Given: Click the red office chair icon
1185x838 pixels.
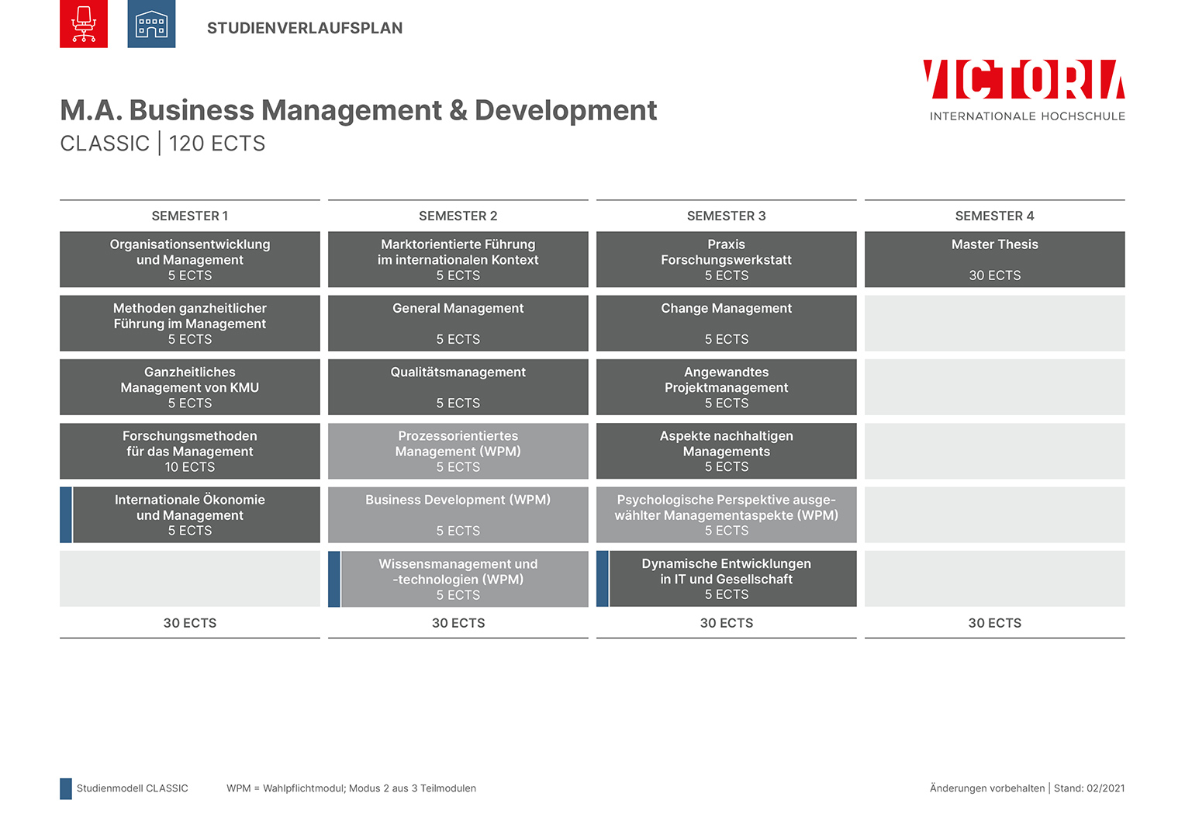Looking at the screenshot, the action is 84,23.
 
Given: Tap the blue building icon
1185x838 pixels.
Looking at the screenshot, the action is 151,23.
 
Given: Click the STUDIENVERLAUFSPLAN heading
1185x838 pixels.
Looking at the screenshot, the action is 305,28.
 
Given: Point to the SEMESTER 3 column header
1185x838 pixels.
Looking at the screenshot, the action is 727,216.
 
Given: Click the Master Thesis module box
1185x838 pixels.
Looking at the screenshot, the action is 994,259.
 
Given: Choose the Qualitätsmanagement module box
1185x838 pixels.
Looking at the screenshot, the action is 458,387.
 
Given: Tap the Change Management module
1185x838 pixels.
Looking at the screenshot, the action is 727,323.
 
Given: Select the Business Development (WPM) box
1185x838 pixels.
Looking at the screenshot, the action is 458,514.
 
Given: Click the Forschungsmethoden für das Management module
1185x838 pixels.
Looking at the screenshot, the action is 190,451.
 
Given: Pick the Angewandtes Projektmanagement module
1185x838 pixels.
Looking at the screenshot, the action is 727,387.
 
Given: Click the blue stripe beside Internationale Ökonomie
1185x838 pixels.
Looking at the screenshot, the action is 66,514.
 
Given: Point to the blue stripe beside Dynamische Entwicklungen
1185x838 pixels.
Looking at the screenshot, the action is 602,579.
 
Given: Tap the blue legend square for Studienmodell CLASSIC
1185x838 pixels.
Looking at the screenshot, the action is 66,789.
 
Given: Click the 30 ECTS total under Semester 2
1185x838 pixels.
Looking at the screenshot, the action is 458,623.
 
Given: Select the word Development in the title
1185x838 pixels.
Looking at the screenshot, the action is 565,110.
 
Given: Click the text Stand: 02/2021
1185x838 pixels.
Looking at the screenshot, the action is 1090,788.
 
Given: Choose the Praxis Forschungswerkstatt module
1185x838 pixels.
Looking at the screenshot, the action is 727,259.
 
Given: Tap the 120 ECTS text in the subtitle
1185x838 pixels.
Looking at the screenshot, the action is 217,144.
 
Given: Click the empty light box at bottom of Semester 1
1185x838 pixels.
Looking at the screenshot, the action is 190,579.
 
